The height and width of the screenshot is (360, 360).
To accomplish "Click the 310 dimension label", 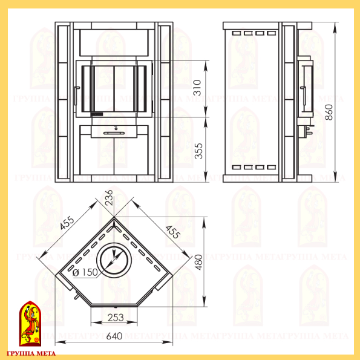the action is pyautogui.click(x=197, y=88).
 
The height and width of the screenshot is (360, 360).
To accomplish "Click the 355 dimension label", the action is pyautogui.click(x=198, y=151).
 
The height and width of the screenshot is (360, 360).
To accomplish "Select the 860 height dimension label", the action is pyautogui.click(x=329, y=112).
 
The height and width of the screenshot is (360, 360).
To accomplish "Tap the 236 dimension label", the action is pyautogui.click(x=109, y=197).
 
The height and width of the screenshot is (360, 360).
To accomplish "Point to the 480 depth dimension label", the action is pyautogui.click(x=199, y=262).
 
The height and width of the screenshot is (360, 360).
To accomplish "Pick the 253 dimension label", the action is pyautogui.click(x=116, y=318).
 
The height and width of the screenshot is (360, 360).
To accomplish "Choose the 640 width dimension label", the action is pyautogui.click(x=114, y=336).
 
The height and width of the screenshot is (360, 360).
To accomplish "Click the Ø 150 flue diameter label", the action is pyautogui.click(x=85, y=272).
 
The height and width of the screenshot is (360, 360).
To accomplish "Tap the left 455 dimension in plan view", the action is pyautogui.click(x=67, y=223).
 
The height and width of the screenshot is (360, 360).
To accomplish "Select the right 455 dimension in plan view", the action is pyautogui.click(x=173, y=232).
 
